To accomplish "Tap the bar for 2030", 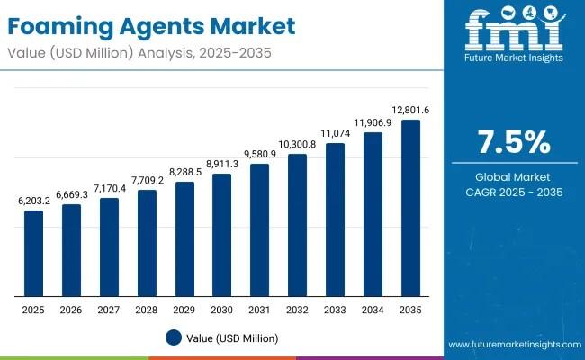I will click(222, 235).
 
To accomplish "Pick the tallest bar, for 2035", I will click(410, 208).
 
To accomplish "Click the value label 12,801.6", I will click(410, 111).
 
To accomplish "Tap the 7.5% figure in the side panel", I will click(511, 141).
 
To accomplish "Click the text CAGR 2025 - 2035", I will click(511, 193).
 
